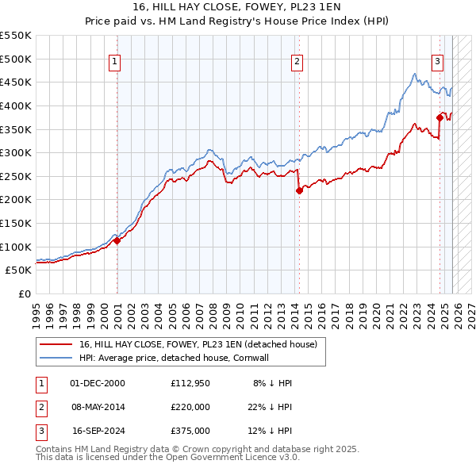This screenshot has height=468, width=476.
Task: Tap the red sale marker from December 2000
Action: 117,241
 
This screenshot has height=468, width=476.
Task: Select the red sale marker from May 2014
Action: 299,190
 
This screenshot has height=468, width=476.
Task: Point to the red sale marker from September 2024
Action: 440,117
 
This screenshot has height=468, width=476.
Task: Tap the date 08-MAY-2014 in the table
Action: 99,407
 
